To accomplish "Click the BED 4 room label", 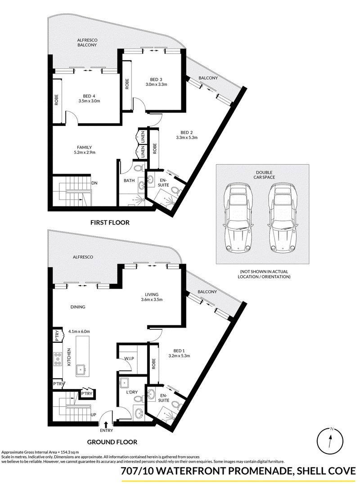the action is point(89,96).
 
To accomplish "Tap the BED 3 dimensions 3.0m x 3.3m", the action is point(156,85).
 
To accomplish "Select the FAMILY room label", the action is point(85,148).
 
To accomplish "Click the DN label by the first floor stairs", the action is point(94,183).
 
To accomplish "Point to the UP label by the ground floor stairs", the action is point(93,415).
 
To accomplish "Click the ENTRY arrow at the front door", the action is point(106,425).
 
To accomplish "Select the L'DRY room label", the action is point(132,392).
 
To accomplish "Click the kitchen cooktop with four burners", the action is point(58,359).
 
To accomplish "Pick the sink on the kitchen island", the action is point(81,368).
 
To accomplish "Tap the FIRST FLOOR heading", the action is point(110,223).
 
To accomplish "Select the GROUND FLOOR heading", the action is point(112,442).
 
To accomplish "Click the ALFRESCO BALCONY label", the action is point(87,43).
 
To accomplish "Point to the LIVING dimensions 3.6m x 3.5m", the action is point(152,300).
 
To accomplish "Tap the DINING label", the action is point(78,307).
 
